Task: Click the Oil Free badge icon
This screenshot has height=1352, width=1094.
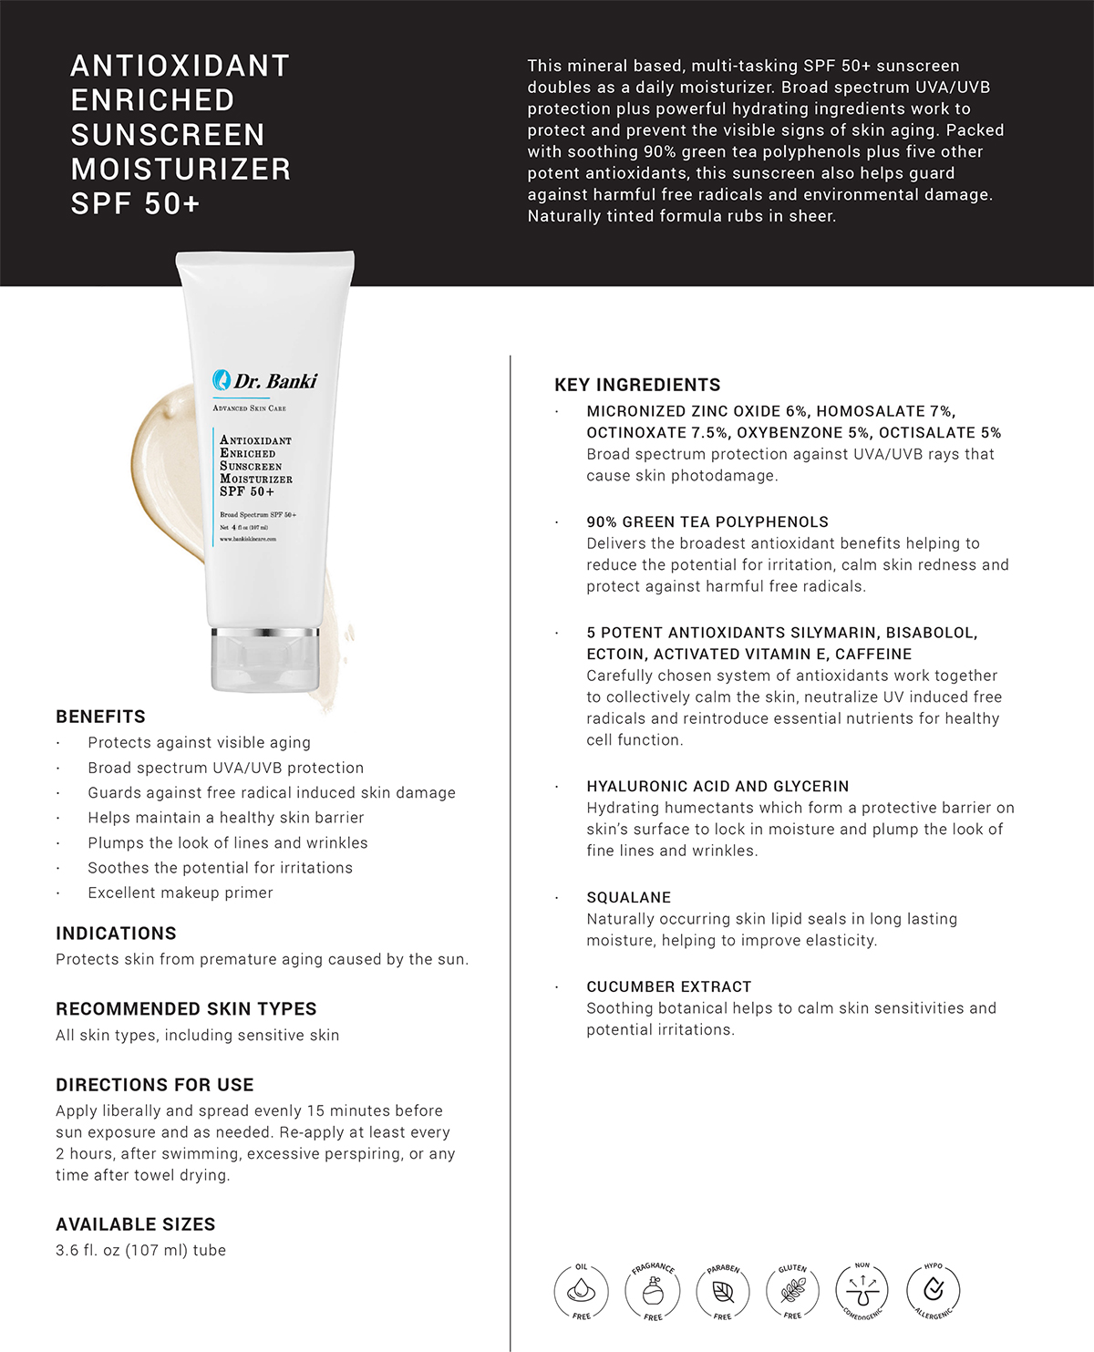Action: [x=581, y=1291]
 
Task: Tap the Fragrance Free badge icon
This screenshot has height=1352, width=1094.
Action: [x=653, y=1291]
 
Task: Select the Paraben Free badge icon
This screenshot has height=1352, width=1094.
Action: [x=723, y=1291]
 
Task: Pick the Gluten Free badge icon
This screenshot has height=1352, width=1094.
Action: [x=793, y=1291]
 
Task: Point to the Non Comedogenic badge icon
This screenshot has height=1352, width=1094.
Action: [x=862, y=1291]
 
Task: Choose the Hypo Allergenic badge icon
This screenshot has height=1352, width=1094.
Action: [x=934, y=1291]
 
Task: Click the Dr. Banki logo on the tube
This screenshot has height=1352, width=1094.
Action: [x=265, y=381]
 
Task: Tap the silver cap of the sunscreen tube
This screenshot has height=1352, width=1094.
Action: [x=265, y=659]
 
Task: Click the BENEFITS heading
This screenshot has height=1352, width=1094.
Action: [x=100, y=717]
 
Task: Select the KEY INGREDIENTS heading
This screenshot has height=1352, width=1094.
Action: [x=637, y=385]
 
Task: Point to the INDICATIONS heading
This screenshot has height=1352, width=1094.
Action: [x=116, y=934]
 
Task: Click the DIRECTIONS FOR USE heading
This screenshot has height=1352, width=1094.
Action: [x=154, y=1085]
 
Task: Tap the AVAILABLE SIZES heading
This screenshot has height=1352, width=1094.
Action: [x=135, y=1224]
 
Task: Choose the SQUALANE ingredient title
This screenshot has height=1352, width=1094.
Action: [x=628, y=898]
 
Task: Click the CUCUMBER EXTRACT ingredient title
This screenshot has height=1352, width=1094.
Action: [x=668, y=986]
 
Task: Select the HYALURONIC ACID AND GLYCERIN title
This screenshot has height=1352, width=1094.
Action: [x=717, y=786]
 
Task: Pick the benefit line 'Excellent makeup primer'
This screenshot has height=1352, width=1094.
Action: [x=181, y=893]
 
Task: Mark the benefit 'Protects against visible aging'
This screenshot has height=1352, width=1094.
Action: [x=199, y=743]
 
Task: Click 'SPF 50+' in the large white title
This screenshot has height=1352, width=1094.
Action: [x=135, y=204]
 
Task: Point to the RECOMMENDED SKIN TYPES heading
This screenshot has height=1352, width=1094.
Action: [x=186, y=1009]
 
